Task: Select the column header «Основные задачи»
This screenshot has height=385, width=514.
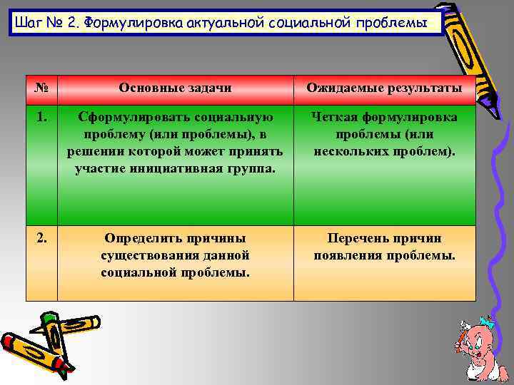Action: (x=175, y=88)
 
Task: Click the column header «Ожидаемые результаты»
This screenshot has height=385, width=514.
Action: (x=384, y=88)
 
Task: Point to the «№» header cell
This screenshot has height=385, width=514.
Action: (x=41, y=88)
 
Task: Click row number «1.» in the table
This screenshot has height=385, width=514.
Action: (x=41, y=115)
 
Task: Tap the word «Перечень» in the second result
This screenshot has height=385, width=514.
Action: (x=357, y=238)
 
